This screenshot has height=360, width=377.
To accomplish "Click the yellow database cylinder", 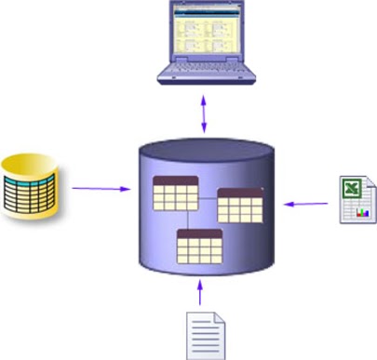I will click(32, 189).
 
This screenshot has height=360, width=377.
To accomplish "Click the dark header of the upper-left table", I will click(173, 180).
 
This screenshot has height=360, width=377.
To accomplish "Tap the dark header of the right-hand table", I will click(240, 193).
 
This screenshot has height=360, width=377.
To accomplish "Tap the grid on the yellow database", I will click(34, 195).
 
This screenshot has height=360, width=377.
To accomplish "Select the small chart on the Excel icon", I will click(363, 212).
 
